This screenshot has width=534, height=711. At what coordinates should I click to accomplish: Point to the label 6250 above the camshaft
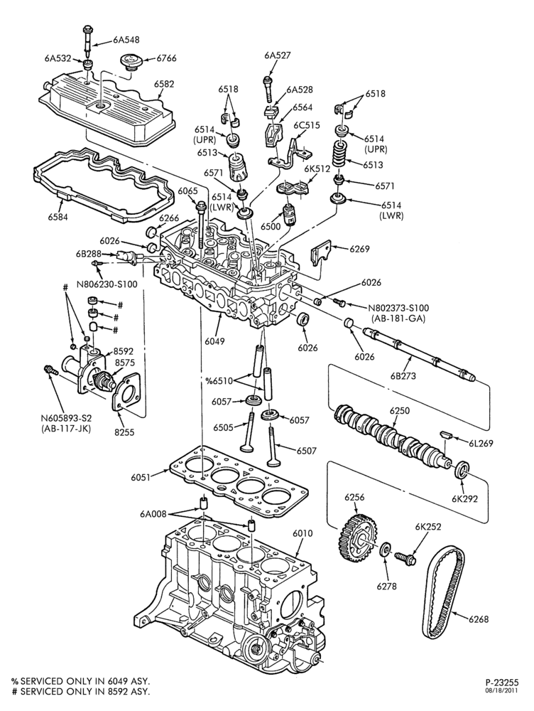click(x=400, y=411)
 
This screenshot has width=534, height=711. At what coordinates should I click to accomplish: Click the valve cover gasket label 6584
click(x=58, y=217)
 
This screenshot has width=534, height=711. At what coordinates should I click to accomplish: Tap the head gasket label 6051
click(x=141, y=477)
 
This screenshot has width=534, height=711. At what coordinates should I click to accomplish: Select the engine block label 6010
click(x=303, y=534)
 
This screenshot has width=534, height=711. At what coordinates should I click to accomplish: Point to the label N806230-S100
click(x=107, y=285)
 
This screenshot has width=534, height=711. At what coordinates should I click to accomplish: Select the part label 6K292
click(x=464, y=499)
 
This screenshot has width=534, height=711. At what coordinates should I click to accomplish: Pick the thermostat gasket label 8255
click(x=124, y=432)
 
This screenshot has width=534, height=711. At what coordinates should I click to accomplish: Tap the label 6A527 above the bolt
click(x=278, y=55)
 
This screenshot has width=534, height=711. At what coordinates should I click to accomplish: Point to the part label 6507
click(x=307, y=451)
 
